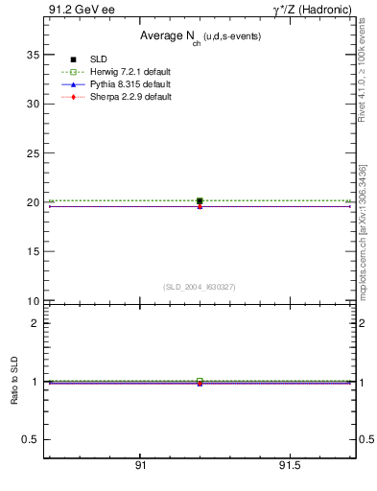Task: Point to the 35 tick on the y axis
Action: (32, 55)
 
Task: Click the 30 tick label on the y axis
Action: (32, 104)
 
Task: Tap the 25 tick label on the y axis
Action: (32, 153)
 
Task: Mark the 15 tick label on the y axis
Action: (32, 252)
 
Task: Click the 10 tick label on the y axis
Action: (32, 301)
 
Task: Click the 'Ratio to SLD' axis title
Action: (14, 382)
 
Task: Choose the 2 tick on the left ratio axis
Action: (35, 323)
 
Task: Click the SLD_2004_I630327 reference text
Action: (200, 287)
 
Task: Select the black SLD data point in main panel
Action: (200, 201)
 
